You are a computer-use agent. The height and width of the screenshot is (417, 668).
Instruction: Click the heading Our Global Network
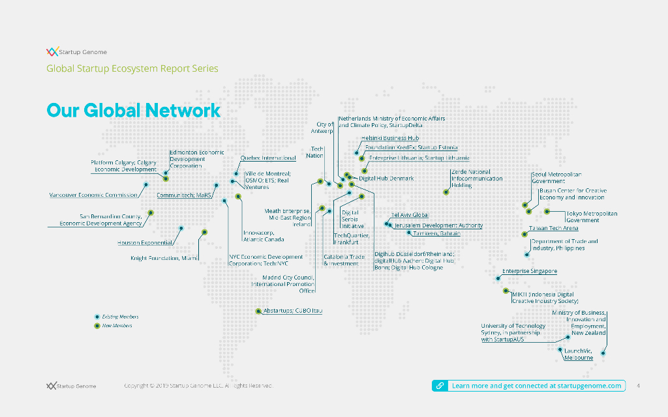(x=133, y=110)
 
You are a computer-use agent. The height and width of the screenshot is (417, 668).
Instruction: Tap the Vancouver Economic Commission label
(x=93, y=195)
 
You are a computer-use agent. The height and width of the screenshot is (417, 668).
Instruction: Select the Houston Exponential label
(x=145, y=242)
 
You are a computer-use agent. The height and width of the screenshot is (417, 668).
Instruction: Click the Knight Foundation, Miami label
(x=164, y=259)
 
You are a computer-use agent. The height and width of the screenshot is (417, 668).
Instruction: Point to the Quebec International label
(x=267, y=158)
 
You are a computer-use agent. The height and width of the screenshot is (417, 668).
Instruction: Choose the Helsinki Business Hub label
(x=389, y=138)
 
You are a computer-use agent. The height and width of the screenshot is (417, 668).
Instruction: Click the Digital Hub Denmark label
(x=386, y=178)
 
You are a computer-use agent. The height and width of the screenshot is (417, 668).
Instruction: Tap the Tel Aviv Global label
(x=410, y=215)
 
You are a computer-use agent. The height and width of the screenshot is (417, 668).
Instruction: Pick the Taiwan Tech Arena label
(x=553, y=228)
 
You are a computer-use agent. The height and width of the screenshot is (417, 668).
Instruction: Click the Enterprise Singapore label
(x=529, y=270)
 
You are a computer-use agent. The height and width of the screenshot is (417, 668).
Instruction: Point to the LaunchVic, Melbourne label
(x=579, y=354)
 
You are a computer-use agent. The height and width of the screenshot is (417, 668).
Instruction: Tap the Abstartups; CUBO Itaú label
(x=292, y=311)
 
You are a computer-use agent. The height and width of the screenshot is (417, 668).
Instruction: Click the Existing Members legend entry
(x=120, y=317)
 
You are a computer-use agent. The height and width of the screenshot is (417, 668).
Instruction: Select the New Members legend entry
(x=117, y=326)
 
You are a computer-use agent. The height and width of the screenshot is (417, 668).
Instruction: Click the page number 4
(x=638, y=386)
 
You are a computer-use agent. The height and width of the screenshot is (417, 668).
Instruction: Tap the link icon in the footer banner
(x=440, y=386)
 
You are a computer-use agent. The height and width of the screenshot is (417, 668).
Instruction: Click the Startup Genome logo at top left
(x=76, y=52)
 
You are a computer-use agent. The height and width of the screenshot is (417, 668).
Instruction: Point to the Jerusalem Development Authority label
(x=438, y=225)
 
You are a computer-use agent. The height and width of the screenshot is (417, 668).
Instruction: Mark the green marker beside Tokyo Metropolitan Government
(x=547, y=212)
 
